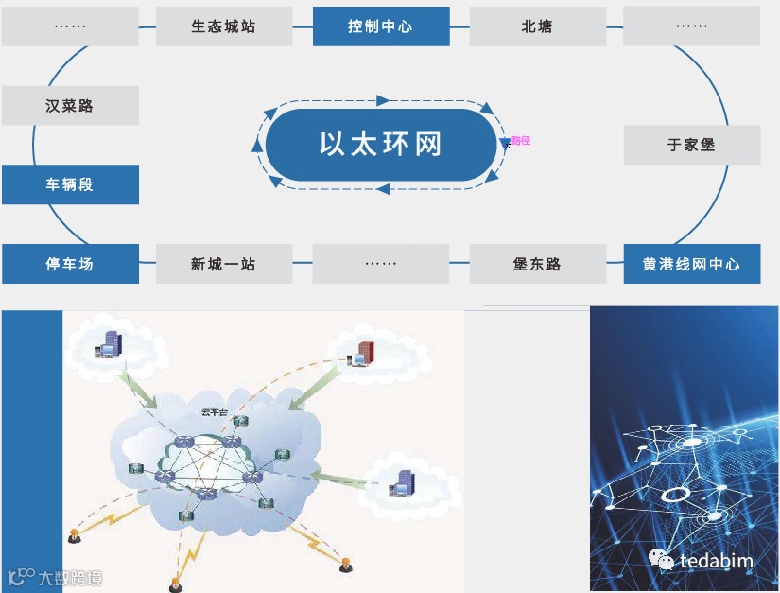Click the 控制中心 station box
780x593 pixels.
380,26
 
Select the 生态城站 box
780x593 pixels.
223,26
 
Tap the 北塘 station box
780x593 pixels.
537,26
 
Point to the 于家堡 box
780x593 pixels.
691,146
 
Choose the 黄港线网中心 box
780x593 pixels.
691,264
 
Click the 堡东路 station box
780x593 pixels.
537,264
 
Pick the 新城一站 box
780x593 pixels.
223,264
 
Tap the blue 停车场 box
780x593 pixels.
70,264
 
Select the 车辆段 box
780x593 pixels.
70,184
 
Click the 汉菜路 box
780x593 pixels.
70,106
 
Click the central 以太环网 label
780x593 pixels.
381,145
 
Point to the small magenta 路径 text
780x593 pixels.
520,141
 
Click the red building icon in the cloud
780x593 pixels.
365,351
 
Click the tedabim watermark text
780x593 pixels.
717,561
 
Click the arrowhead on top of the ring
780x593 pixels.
383,100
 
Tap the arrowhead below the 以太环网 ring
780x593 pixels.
383,189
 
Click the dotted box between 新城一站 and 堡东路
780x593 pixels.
380,264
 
